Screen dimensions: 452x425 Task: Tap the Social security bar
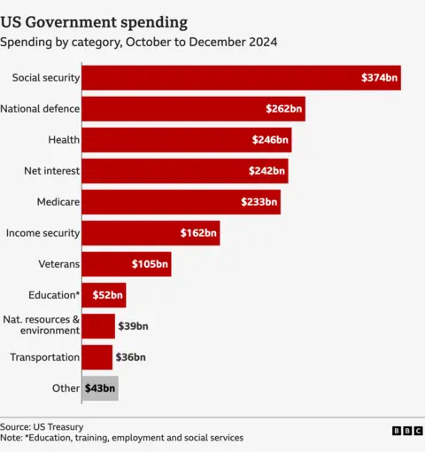[x=221, y=78]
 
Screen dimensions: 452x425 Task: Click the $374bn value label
[x=380, y=78]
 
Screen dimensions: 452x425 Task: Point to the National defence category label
[x=41, y=109]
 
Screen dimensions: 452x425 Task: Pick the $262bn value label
[x=284, y=109]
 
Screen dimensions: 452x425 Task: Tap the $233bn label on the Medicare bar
[x=259, y=202]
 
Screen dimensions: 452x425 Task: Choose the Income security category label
[x=43, y=233]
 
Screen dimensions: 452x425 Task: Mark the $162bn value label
[x=198, y=233]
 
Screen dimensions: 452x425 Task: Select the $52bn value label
[x=107, y=295]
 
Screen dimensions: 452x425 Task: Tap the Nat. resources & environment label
[x=42, y=325]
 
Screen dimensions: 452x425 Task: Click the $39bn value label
[x=133, y=326]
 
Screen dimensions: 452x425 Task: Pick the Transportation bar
[x=97, y=357]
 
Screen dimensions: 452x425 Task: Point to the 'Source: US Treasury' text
[x=42, y=425]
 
